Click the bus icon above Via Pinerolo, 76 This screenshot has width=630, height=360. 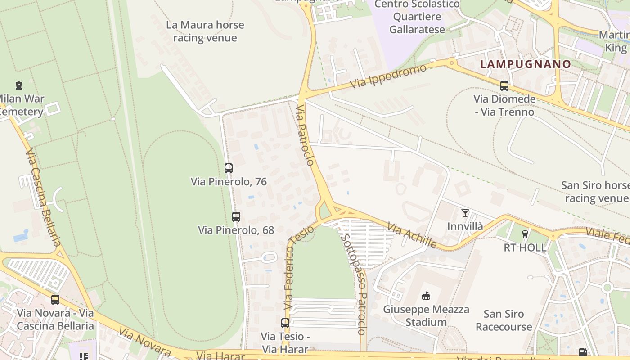pos(229,168)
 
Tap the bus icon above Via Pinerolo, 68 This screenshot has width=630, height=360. pos(236,216)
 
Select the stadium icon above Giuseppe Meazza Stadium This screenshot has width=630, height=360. pos(426,296)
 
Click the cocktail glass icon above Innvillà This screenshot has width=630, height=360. pos(465,213)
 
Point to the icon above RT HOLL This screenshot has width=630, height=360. pos(525,234)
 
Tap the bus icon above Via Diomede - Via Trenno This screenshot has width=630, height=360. pos(504,85)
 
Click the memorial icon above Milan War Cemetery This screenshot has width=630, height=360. pos(19,85)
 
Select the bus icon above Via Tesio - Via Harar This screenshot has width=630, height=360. pos(285,323)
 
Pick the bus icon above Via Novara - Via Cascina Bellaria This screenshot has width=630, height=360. pos(55,299)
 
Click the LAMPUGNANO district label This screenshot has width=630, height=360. pos(526,64)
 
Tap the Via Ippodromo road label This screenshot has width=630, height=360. pos(388,76)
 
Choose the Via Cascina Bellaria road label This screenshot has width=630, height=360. pos(43,198)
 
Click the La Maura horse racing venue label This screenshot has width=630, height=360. pos(205,31)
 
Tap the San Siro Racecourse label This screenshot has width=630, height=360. pos(504,320)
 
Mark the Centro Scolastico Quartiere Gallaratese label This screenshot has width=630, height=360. pos(417,17)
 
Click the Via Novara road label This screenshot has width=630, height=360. pos(144,342)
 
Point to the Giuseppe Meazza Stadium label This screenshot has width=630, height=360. pos(426,315)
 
